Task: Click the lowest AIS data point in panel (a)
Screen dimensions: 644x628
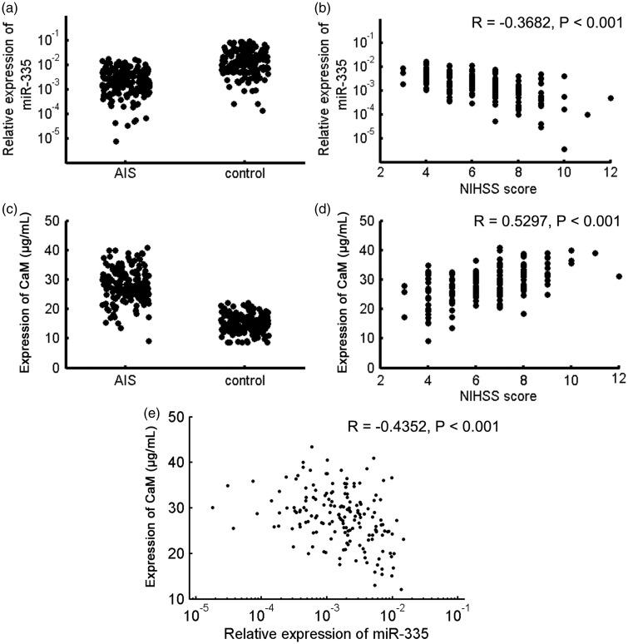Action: click(116, 141)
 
